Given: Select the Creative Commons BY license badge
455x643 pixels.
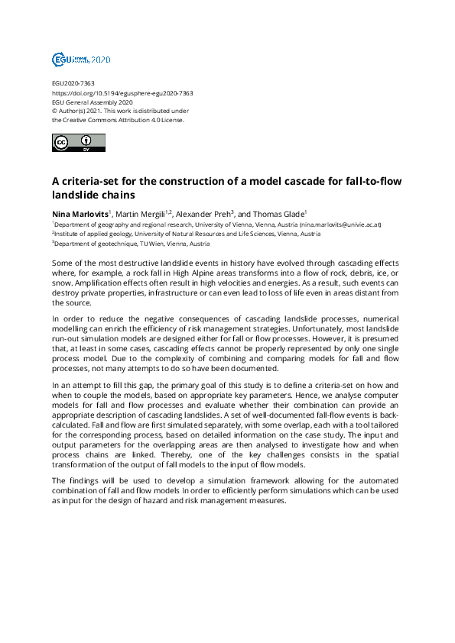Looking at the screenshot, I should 78,142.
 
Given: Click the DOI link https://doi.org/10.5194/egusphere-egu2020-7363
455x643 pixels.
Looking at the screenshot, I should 122,93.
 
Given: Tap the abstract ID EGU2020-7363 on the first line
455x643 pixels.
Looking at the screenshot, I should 73,83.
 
